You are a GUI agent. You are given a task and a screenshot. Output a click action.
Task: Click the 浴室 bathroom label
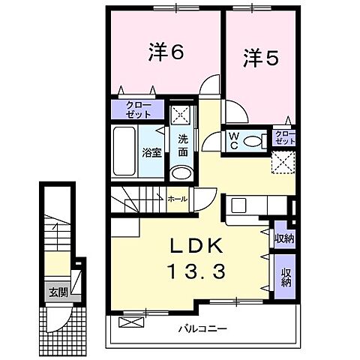tap(151, 153)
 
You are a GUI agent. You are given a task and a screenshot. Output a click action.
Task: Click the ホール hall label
tap(178, 200)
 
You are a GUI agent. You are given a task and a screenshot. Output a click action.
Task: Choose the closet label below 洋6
tap(139, 109)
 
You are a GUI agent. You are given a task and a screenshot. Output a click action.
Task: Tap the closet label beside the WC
tap(285, 137)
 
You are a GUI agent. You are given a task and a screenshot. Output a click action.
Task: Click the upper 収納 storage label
tap(284, 238)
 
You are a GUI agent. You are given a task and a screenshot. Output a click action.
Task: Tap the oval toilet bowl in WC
tap(253, 140)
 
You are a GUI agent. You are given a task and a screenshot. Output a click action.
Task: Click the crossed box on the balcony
tap(129, 323)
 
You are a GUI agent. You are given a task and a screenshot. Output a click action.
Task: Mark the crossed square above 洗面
tap(180, 115)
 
